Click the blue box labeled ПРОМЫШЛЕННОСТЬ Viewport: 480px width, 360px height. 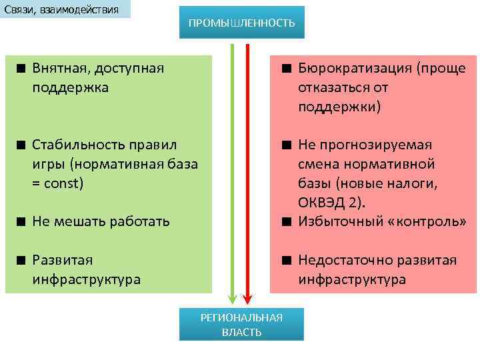[x=241, y=23]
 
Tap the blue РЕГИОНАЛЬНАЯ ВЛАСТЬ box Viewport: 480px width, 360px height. [x=241, y=325]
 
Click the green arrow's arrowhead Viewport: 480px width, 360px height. [x=232, y=297]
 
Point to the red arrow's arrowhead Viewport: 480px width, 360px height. [x=247, y=297]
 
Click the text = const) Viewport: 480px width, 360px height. [x=58, y=182]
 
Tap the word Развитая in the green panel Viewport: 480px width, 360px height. [x=63, y=260]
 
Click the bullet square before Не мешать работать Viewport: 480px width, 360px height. [x=22, y=221]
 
